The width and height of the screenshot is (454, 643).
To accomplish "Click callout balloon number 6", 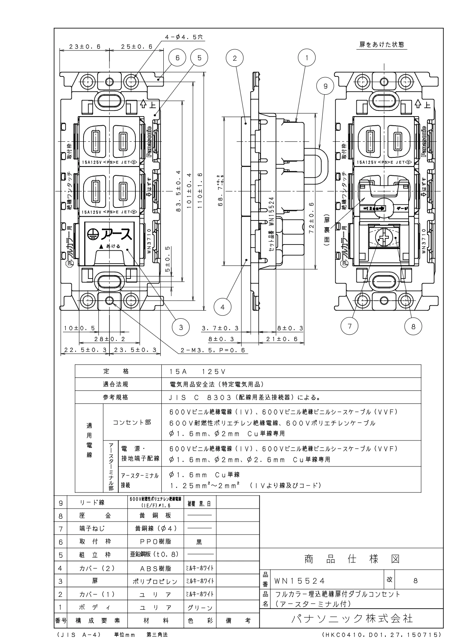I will tap(177, 58).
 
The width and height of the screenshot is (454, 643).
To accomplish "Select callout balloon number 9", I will tap(325, 87).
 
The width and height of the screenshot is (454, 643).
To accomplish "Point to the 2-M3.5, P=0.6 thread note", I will tap(213, 350).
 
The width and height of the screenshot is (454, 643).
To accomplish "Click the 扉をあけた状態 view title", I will tap(382, 45).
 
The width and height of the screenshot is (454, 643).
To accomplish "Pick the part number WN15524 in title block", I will tap(299, 581).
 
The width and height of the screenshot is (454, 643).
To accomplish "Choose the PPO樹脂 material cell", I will tap(155, 541).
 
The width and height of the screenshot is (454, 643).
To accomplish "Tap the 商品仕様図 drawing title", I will tap(352, 559).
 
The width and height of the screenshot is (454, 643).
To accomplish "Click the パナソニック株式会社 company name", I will tap(352, 618).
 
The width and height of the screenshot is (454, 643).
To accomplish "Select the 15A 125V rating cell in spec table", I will tap(198, 371).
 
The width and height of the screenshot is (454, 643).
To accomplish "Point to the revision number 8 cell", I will tap(415, 581).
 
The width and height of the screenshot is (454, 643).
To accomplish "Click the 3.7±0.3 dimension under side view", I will tap(220, 328).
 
